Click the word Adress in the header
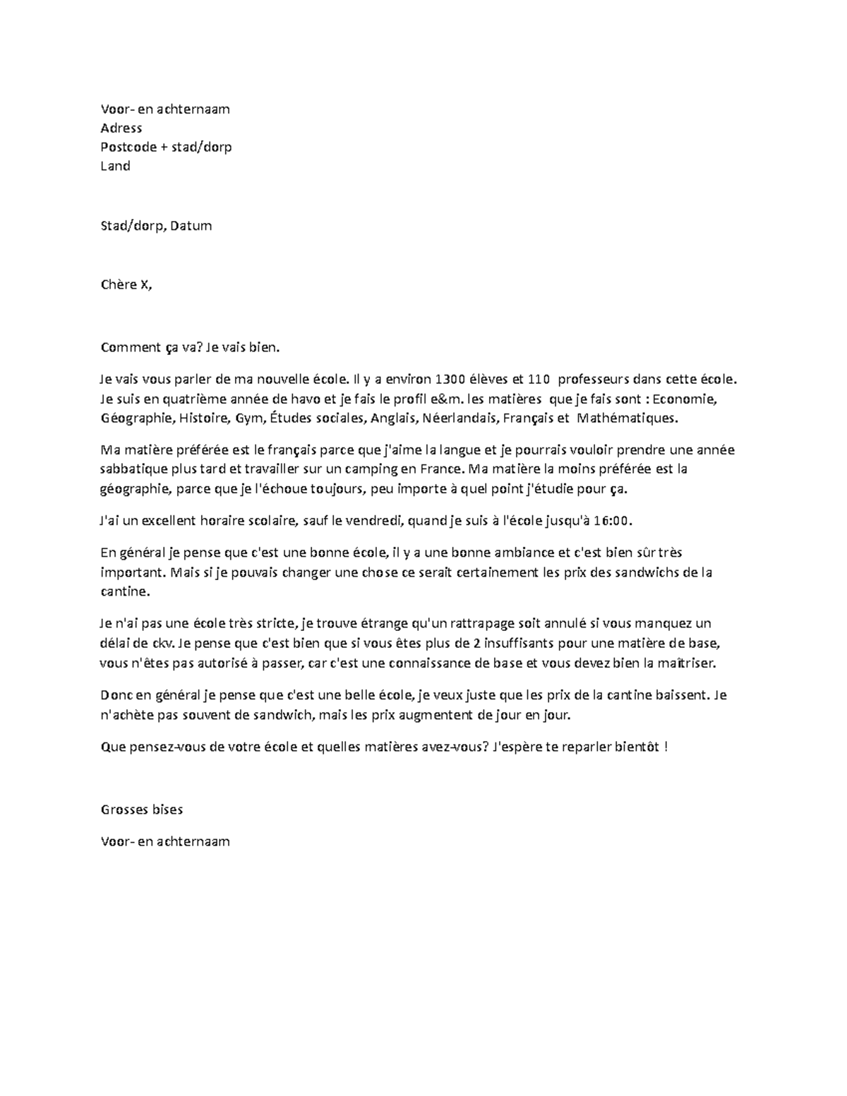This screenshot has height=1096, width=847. pos(121,128)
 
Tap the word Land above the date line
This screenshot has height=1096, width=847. pos(116,166)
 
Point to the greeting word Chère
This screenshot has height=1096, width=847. pos(119,285)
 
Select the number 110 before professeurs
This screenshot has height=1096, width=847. pos(539,379)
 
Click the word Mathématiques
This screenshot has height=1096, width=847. pos(627,418)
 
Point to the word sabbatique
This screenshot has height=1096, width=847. pos(133,469)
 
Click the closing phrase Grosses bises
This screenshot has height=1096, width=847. pos(143,809)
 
